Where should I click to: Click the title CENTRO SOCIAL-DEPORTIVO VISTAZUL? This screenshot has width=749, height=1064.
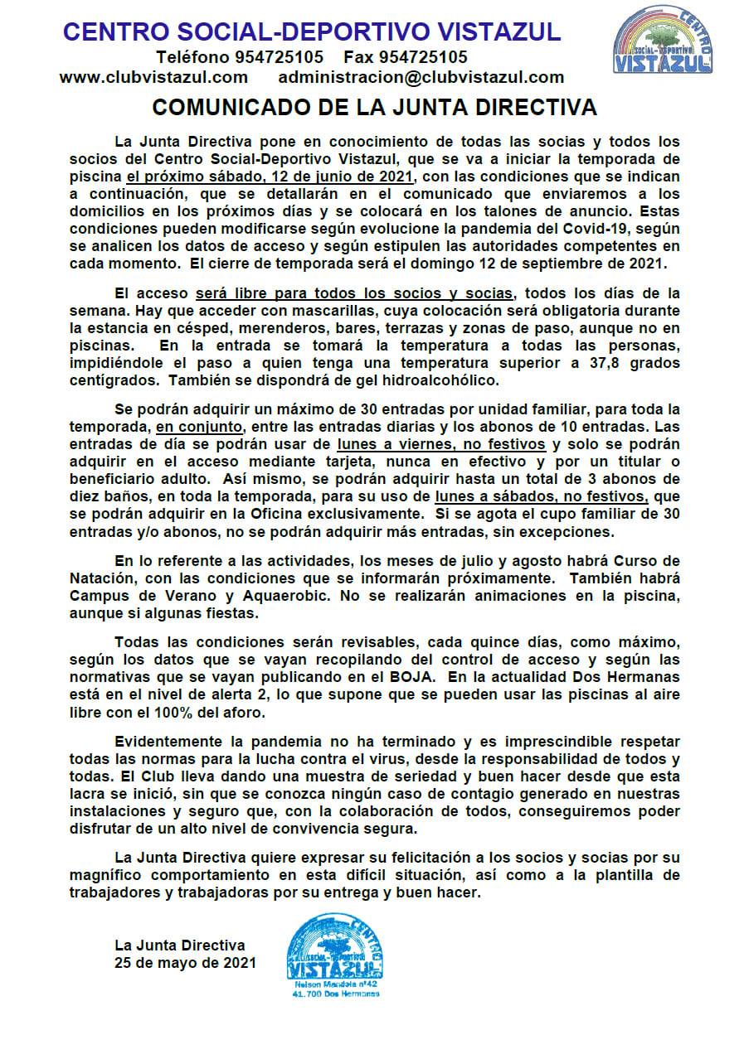point(312,32)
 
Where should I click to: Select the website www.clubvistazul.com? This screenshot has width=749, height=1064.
point(153,77)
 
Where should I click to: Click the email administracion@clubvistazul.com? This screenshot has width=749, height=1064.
point(421,77)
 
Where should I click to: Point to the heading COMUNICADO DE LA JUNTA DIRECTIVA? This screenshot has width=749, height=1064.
point(374,108)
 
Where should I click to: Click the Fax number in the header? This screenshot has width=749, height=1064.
point(423,57)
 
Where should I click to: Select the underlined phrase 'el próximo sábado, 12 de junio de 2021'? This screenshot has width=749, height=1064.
point(270,177)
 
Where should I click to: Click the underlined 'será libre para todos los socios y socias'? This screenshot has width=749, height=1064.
point(356,293)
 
